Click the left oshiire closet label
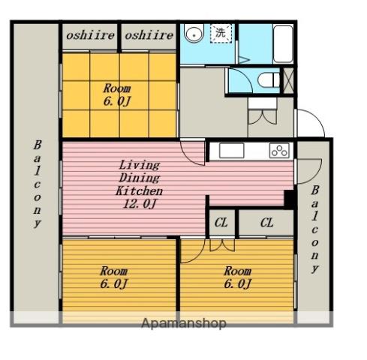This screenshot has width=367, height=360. click(90, 35)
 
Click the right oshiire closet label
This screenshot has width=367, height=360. click(149, 35)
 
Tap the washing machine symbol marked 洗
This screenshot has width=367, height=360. click(221, 33)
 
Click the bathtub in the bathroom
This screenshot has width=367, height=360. click(283, 43)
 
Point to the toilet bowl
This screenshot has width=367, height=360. click(269, 80)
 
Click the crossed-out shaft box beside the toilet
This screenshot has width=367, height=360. click(288, 80)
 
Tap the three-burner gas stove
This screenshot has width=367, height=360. click(279, 150)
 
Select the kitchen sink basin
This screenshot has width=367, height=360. click(231, 151)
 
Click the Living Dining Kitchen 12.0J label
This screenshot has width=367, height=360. click(139, 184)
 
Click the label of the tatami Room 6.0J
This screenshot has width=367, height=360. click(117, 95)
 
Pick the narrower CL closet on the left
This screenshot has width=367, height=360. click(221, 223)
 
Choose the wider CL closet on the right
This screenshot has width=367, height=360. click(266, 223)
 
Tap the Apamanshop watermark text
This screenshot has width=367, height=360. click(184, 323)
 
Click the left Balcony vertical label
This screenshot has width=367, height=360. click(37, 184)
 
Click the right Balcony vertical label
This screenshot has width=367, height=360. click(315, 229)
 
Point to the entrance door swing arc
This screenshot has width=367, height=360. click(316, 118)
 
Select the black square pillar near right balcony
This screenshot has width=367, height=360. click(290, 199)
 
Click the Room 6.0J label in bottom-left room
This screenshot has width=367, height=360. click(114, 277)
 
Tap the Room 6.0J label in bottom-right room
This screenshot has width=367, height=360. click(237, 277)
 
